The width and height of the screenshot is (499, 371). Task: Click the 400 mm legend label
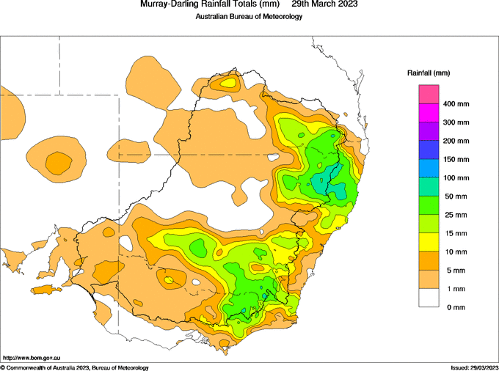click(456, 104)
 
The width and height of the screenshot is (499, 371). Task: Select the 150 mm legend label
click(456, 160)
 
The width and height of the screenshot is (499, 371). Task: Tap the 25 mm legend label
click(456, 216)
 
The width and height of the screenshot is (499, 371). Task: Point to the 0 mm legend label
click(456, 307)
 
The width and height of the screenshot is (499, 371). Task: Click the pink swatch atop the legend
click(429, 94)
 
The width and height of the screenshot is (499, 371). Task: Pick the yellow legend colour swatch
click(429, 242)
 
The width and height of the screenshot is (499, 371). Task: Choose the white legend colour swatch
click(429, 298)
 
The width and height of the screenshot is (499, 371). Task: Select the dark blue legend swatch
click(429, 150)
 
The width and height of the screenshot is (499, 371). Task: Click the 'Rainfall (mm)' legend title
click(429, 73)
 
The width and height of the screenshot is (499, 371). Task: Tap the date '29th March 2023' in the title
click(324, 4)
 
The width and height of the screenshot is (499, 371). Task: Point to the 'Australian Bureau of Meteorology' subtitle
click(249, 17)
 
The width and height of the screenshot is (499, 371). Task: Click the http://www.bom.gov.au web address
click(32, 358)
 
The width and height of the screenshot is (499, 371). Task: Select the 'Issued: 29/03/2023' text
click(475, 368)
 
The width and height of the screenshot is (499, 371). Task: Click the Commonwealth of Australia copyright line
click(74, 368)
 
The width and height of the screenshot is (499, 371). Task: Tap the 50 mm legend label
click(456, 196)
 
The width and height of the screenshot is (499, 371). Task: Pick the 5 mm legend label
click(456, 271)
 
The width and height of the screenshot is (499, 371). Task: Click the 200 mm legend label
click(456, 141)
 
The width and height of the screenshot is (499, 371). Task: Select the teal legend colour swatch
click(429, 187)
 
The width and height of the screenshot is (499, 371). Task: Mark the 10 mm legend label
click(456, 252)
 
